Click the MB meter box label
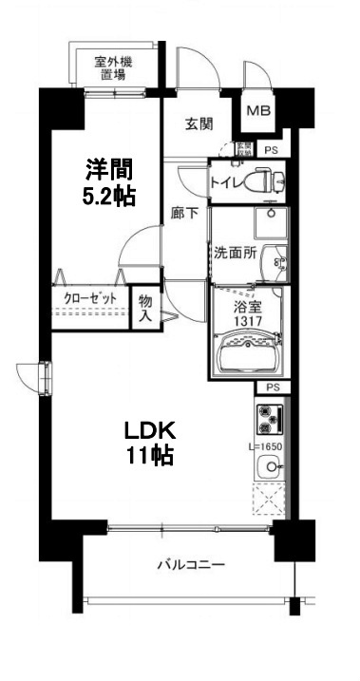[x=258, y=111]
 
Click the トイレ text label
[x=228, y=179]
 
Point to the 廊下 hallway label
[x=185, y=213]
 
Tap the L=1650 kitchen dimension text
[x=267, y=446]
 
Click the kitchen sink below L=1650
[x=270, y=466]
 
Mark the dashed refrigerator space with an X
[x=269, y=500]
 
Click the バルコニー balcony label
[x=191, y=566]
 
